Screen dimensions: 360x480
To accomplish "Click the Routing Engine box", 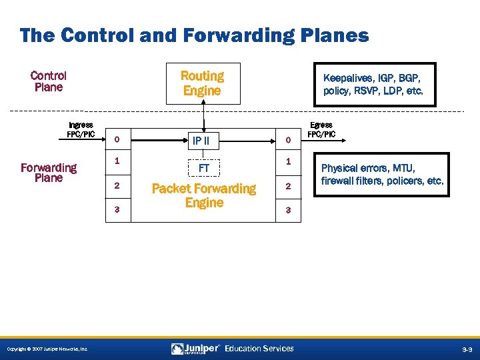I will [x=202, y=83].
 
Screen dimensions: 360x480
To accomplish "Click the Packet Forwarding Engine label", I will [x=204, y=195].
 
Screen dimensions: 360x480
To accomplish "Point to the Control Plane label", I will [x=49, y=81].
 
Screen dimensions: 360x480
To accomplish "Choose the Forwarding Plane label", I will [x=49, y=173].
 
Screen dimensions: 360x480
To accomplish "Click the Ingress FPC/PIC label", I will [x=81, y=129].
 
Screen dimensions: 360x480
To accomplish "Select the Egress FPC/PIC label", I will [x=321, y=129].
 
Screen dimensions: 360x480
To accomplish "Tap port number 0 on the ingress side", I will [x=117, y=140].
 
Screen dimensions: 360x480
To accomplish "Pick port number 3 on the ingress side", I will [x=117, y=209].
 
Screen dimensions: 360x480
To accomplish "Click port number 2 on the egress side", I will [x=288, y=186].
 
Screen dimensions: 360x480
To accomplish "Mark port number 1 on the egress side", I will [x=288, y=161].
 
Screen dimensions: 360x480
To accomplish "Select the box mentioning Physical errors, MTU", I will [x=382, y=174].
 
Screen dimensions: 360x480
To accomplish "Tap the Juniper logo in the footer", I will [x=195, y=349].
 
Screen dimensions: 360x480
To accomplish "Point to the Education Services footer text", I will [x=259, y=349].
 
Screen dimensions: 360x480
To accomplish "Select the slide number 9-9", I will [x=467, y=349].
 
